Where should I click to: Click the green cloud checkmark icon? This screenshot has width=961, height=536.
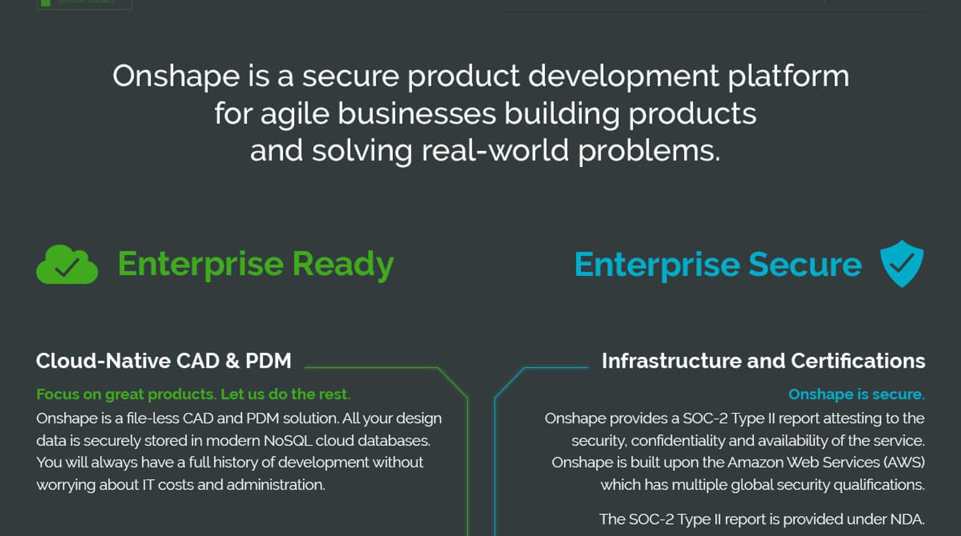pyautogui.click(x=67, y=264)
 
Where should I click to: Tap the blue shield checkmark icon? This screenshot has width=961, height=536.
pyautogui.click(x=902, y=263)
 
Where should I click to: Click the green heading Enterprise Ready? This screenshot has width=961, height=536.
pyautogui.click(x=256, y=264)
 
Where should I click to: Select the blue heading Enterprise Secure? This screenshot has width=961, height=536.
pyautogui.click(x=718, y=264)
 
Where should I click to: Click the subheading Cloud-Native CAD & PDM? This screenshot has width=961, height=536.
pyautogui.click(x=163, y=361)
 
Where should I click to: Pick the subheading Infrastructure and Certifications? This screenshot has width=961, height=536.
pyautogui.click(x=763, y=361)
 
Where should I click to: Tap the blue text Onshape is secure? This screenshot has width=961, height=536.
pyautogui.click(x=856, y=394)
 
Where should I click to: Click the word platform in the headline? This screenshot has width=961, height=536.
pyautogui.click(x=788, y=77)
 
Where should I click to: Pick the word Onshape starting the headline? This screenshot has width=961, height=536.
pyautogui.click(x=176, y=77)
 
